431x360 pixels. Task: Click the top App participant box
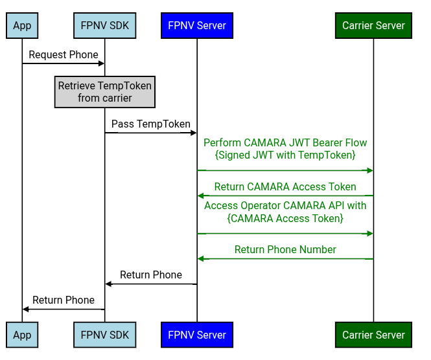[x=22, y=26]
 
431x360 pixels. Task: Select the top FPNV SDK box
[x=105, y=26]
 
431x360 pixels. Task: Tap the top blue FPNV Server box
[x=197, y=26]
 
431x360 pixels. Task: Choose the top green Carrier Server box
[x=373, y=26]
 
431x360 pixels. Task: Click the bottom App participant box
[x=22, y=335]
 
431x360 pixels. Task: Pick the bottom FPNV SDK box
[x=105, y=335]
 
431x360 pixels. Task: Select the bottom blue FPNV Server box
[x=197, y=335]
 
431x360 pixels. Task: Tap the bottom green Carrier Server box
[x=373, y=335]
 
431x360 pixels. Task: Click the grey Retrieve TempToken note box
[x=105, y=92]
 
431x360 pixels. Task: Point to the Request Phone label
[x=64, y=55]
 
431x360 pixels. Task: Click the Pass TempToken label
[x=151, y=124]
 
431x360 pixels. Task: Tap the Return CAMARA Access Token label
[x=285, y=187]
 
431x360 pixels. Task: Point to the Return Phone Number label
[x=285, y=250]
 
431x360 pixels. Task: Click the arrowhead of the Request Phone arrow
[x=101, y=63]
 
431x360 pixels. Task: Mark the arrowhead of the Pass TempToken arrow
[x=193, y=133]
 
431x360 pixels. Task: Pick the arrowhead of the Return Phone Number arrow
[x=201, y=259]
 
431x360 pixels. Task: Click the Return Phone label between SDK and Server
[x=151, y=275]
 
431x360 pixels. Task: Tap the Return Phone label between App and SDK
[x=64, y=300]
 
